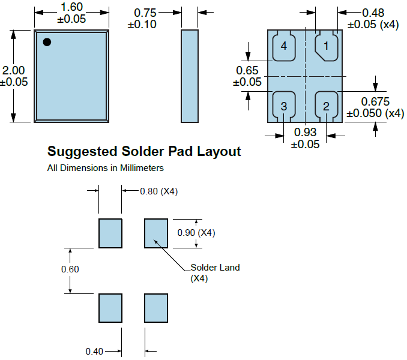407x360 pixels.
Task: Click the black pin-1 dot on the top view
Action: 47,42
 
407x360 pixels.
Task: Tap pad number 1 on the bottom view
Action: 327,46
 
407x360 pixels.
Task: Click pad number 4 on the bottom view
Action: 284,46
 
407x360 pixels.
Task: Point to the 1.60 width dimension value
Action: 72,8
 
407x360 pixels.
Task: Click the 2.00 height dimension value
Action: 14,71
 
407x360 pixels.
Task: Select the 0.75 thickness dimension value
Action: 145,13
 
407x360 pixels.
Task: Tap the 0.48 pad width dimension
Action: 373,13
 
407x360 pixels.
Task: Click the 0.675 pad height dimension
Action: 375,101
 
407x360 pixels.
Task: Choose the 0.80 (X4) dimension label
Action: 158,191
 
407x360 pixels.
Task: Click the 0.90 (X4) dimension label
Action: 196,232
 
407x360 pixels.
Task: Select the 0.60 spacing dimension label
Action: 70,269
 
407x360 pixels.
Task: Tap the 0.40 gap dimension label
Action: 94,351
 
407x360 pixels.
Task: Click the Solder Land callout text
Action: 214,268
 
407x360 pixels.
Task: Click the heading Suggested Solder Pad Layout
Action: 144,151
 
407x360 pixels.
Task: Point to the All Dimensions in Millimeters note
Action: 106,168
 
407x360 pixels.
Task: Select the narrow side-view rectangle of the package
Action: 189,76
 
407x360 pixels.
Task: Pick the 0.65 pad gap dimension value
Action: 247,70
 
